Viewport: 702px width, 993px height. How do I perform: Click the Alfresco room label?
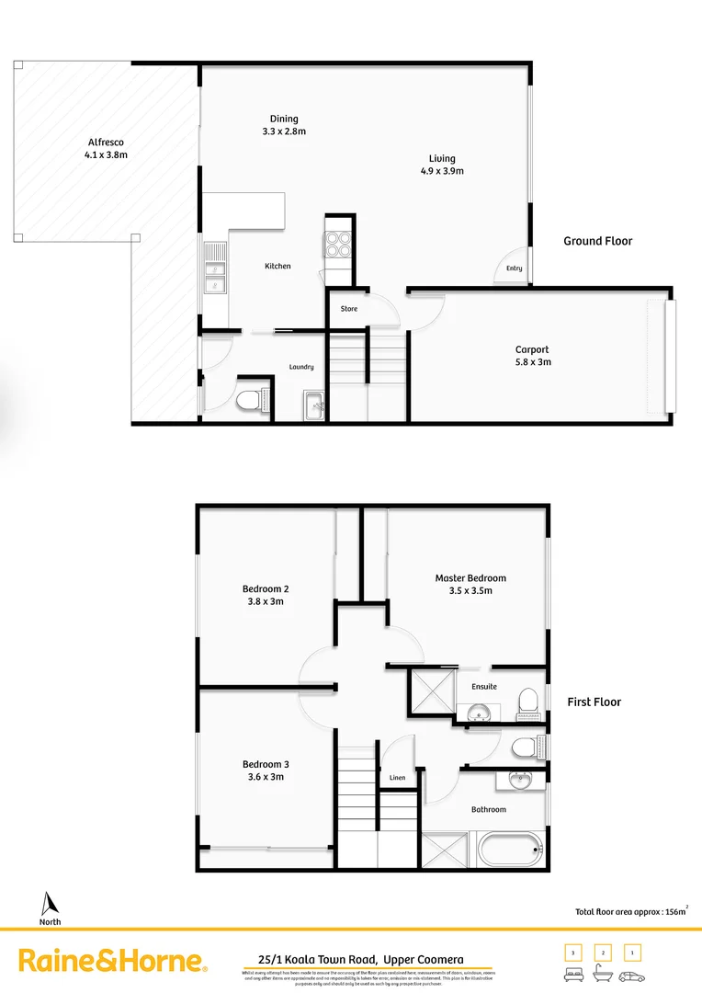tap(106, 143)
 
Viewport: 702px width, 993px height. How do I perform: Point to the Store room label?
tap(349, 309)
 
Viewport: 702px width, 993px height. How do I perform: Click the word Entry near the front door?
tap(513, 268)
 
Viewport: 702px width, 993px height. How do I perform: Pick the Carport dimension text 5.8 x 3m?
tap(532, 362)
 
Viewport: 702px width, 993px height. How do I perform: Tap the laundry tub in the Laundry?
tap(313, 405)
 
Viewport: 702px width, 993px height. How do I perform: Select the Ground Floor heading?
tap(597, 241)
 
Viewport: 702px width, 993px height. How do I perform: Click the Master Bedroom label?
tap(470, 578)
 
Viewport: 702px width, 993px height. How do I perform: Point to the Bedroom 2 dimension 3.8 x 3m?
tap(266, 601)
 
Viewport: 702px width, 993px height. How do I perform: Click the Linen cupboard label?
tap(397, 778)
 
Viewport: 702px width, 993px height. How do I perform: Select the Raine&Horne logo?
tap(112, 961)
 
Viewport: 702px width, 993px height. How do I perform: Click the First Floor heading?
tap(594, 702)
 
